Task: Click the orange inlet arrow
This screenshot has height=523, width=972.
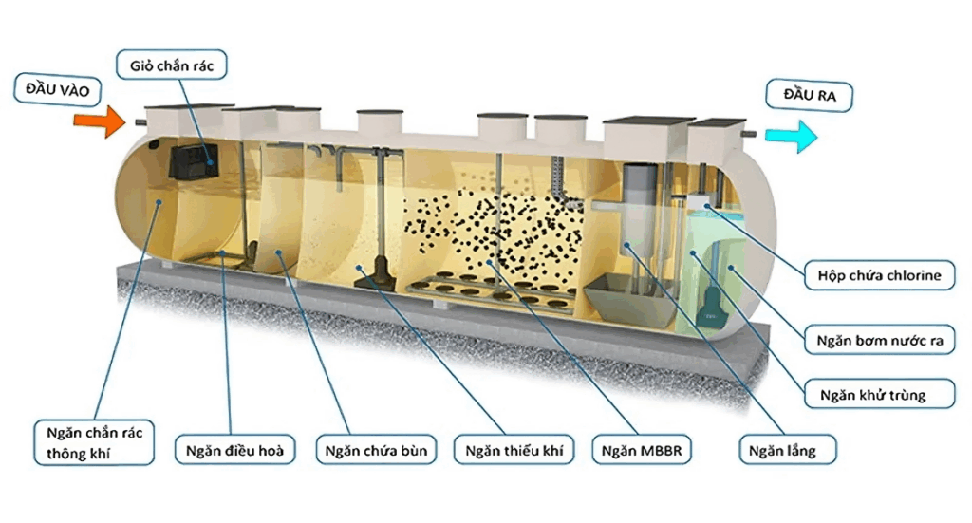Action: (x=98, y=121)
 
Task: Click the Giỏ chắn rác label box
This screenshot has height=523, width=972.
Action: (x=171, y=66)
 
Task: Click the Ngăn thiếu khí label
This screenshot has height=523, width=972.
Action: (x=514, y=449)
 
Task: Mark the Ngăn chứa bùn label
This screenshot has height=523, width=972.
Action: (x=374, y=449)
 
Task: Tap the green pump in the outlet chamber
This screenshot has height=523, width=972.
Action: (x=711, y=305)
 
